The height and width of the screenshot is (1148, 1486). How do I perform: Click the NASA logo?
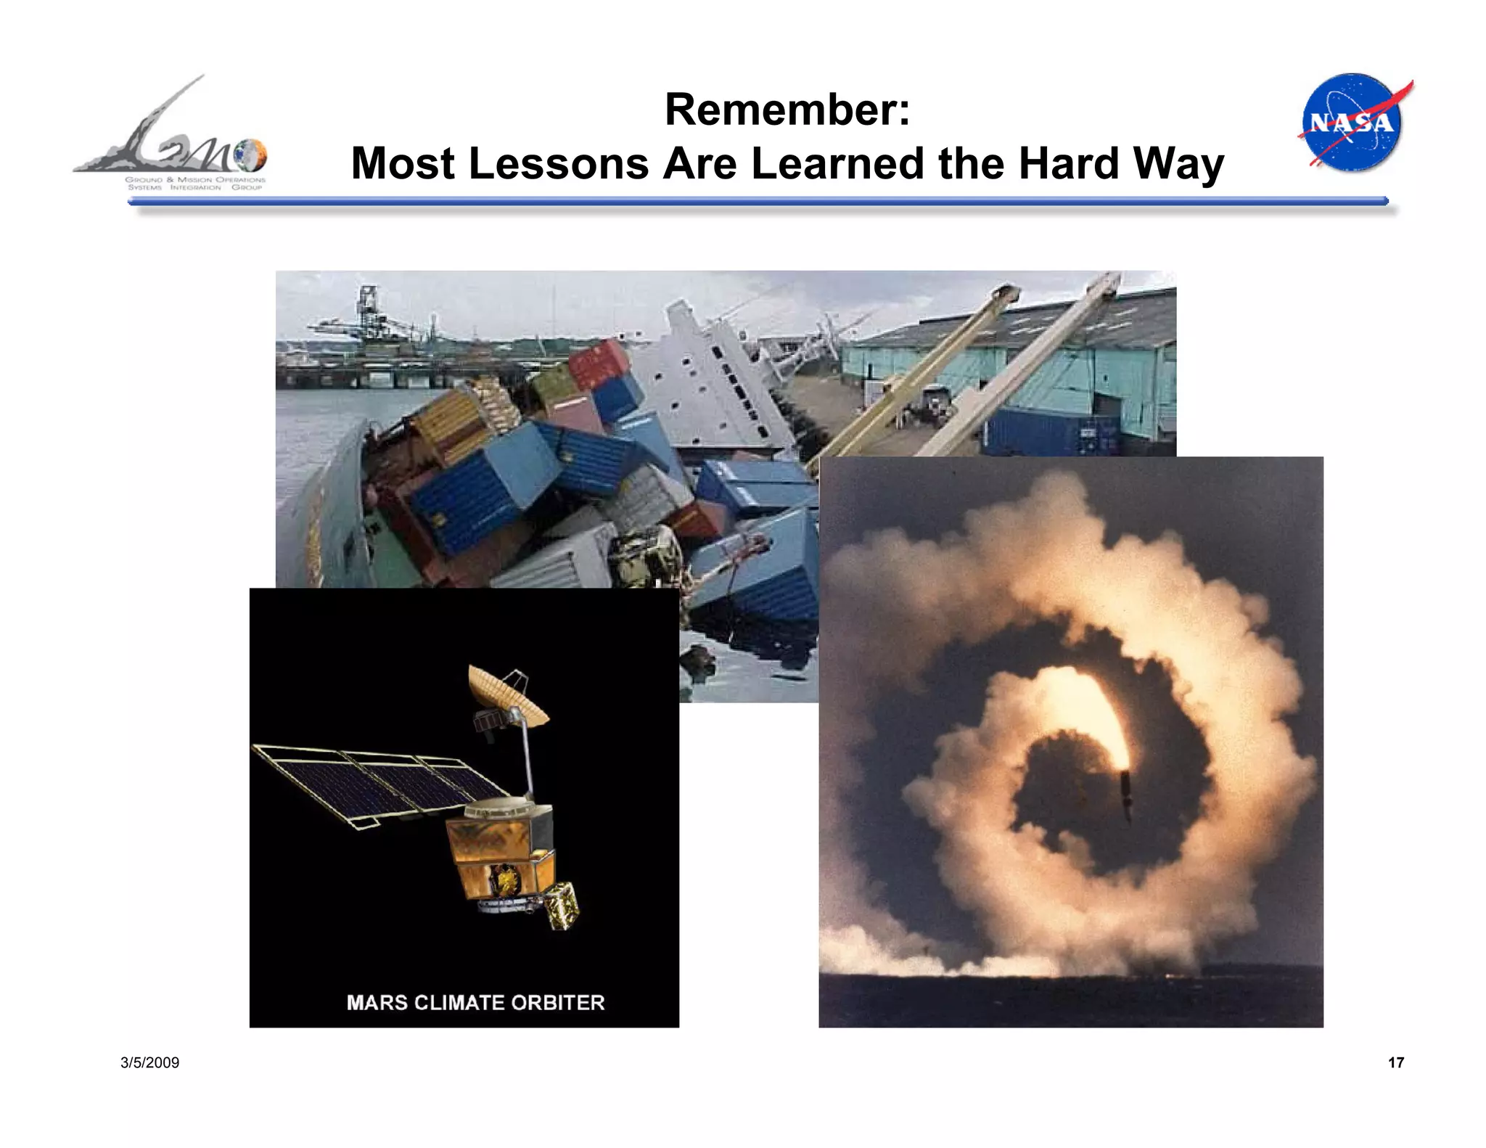[1353, 122]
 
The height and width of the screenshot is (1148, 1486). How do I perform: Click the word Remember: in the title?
[787, 110]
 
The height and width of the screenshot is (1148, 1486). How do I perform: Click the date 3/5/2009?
[149, 1062]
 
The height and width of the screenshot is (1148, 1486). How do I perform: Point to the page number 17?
[1395, 1062]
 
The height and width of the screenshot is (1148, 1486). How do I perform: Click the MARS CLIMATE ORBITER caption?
[475, 1003]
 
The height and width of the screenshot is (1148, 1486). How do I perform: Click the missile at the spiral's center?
[1125, 795]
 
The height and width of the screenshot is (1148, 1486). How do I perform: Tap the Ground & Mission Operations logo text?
[195, 184]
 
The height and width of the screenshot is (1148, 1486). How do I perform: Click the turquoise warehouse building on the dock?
[1016, 363]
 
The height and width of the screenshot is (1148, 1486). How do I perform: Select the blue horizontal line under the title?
[758, 201]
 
